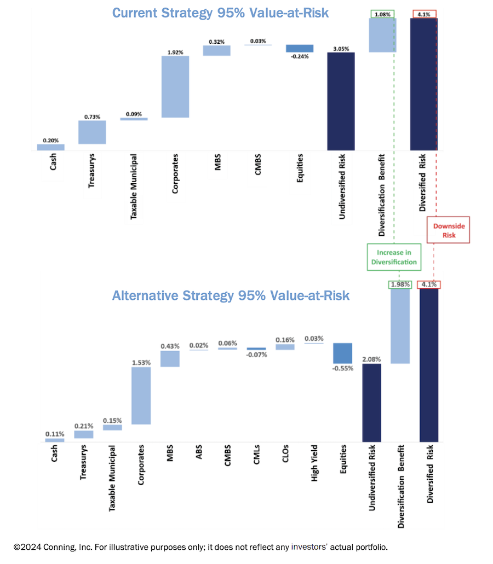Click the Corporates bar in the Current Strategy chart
click(175, 86)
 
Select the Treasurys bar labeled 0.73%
click(91, 132)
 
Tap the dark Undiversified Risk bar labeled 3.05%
click(341, 101)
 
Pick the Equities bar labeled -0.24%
click(300, 48)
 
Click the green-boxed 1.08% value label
click(382, 14)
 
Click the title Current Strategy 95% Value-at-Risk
click(220, 12)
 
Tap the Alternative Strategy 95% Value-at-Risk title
click(231, 296)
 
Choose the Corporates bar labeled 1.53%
click(141, 396)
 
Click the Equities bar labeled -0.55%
click(343, 353)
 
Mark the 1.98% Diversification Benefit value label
click(400, 285)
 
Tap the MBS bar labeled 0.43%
click(170, 359)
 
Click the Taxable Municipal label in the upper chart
click(133, 187)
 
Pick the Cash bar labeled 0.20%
click(51, 147)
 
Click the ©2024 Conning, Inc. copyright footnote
click(200, 546)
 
